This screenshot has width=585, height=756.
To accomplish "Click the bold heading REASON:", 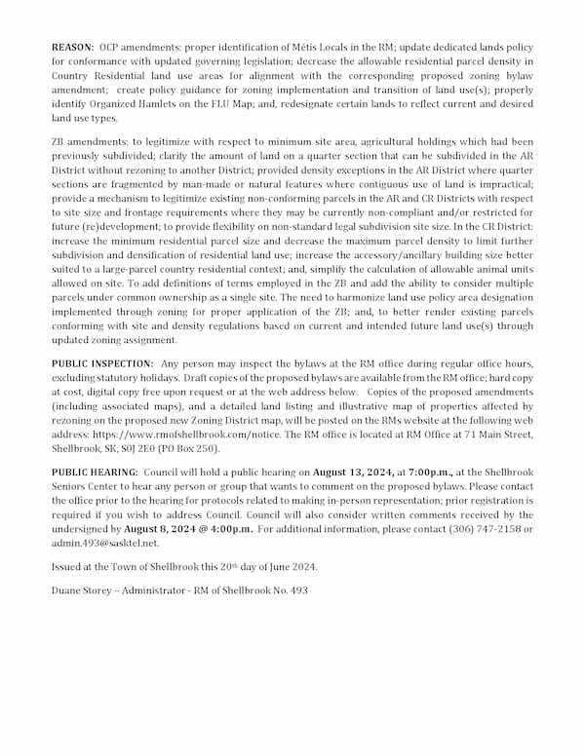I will click(73, 47).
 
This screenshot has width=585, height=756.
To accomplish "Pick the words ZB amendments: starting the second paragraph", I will click(92, 142).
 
